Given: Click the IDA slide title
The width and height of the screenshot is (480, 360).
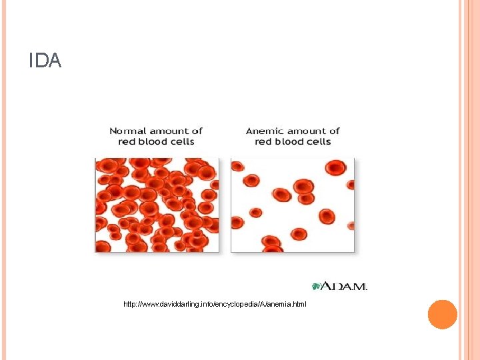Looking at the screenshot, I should [45, 61].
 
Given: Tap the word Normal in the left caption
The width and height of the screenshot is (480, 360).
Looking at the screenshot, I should [128, 131].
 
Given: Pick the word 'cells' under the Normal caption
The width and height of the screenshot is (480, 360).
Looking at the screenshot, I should [182, 141].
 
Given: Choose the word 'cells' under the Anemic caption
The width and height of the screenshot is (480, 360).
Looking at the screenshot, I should [318, 141].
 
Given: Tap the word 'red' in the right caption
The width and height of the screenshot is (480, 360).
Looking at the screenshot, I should [263, 141].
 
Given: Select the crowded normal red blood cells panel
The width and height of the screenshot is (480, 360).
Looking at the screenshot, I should [157, 205].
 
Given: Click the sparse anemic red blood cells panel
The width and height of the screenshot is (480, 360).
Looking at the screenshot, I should [293, 205].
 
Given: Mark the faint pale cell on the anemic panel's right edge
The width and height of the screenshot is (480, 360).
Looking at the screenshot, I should [351, 225].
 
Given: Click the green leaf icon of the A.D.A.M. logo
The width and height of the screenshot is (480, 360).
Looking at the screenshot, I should [317, 286].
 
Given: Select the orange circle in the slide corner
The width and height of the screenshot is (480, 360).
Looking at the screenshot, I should [442, 315].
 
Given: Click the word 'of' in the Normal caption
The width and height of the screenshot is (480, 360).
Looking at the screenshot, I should [197, 131].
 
